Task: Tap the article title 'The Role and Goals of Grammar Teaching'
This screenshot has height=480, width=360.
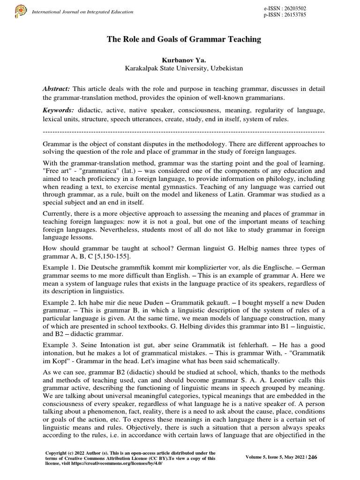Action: pyautogui.click(x=184, y=40)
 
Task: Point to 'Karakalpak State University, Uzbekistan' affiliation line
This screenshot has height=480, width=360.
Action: pyautogui.click(x=183, y=68)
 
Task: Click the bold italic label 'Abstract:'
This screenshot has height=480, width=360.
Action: pyautogui.click(x=56, y=89)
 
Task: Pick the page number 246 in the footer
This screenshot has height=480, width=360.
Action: pyautogui.click(x=313, y=457)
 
